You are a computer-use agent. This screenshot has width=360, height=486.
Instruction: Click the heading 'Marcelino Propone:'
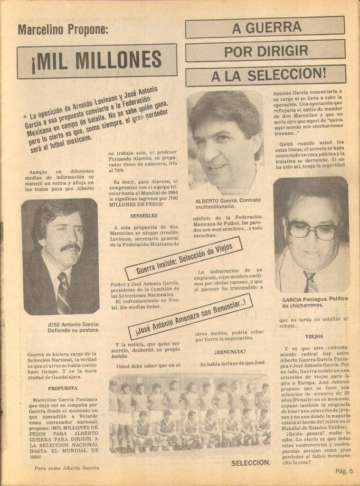pyautogui.click(x=63, y=30)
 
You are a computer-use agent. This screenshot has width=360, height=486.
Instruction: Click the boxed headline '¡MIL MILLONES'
pyautogui.click(x=97, y=61)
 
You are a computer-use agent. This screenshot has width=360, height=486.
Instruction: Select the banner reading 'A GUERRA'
pyautogui.click(x=265, y=27)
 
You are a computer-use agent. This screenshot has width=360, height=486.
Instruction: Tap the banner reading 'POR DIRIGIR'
pyautogui.click(x=265, y=51)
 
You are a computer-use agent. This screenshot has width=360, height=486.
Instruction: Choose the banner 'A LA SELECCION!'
pyautogui.click(x=265, y=75)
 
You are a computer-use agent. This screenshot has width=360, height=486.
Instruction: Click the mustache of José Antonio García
pyautogui.click(x=70, y=247)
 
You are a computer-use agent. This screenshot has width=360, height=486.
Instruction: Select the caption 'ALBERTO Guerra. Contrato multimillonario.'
pyautogui.click(x=228, y=204)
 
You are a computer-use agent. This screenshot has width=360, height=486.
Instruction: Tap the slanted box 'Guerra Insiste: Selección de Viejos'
pyautogui.click(x=184, y=258)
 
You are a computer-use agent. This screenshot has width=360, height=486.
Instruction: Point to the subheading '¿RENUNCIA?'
pyautogui.click(x=229, y=352)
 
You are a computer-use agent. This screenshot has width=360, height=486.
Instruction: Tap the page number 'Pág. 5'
pyautogui.click(x=344, y=471)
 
